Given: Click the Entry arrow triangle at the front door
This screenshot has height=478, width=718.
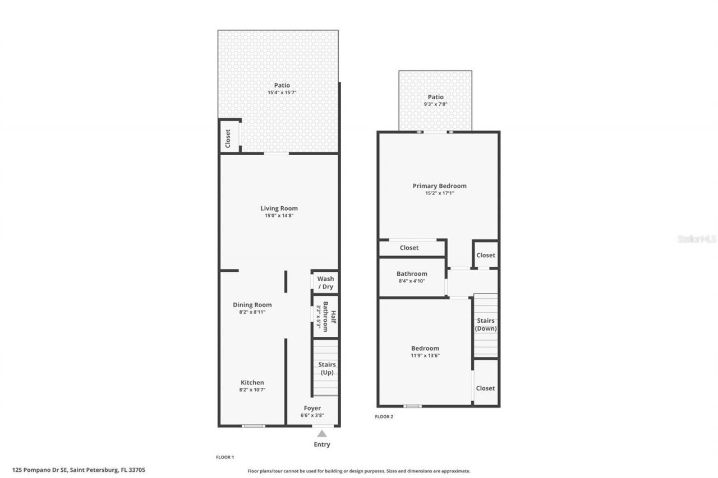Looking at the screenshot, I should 321,433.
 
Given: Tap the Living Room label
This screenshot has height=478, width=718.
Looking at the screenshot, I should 279,208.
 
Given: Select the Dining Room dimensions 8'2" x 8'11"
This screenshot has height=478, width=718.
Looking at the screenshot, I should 252,312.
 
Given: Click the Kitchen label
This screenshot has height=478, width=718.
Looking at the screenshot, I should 252,383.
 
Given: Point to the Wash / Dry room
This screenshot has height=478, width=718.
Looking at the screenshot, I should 325,282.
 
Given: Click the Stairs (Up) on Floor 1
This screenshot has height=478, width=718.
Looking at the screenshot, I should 326,368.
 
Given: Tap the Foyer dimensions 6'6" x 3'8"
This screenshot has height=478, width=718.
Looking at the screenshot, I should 312,415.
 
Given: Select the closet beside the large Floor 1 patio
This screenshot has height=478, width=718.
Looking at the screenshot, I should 228,138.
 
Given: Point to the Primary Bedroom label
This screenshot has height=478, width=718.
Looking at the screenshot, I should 439,186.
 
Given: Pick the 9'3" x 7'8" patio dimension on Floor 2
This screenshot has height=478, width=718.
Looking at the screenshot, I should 435,104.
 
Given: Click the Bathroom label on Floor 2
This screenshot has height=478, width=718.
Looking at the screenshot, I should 412,273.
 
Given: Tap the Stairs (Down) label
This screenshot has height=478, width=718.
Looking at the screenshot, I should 486,324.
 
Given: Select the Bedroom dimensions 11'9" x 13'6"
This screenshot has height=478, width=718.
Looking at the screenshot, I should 425,355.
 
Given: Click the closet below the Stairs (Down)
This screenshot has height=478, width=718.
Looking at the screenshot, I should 485,388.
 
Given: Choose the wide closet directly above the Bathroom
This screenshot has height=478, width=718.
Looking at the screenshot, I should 409,248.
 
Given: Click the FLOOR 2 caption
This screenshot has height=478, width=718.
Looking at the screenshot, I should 384,416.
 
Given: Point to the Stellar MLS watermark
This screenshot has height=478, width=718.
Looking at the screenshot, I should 697,239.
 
